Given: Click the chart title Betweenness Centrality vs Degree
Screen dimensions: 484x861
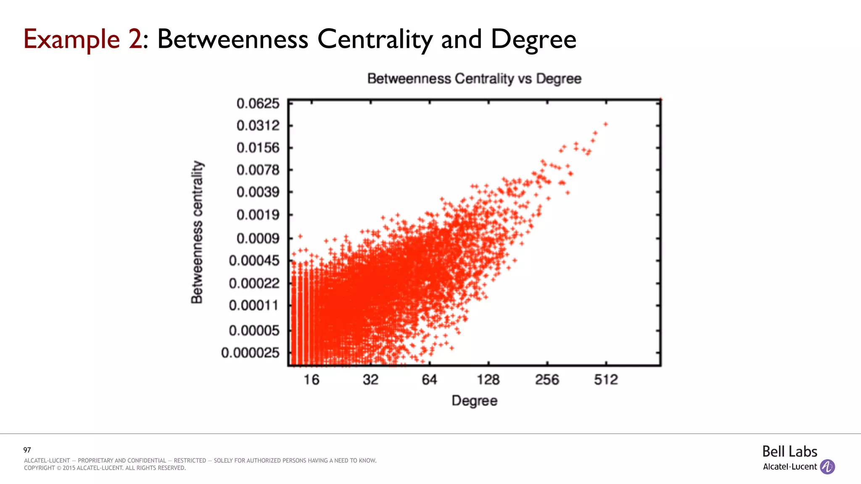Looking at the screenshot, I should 474,79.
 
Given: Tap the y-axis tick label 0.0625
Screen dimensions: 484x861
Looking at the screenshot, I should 258,103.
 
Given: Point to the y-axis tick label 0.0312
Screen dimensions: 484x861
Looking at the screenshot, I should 258,125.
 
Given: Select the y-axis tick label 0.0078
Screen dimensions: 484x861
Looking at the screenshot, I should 258,170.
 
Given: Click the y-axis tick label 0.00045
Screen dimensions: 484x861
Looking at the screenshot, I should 254,260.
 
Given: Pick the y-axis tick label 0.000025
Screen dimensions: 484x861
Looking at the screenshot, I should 250,352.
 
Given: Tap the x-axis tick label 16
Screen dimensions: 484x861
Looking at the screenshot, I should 312,380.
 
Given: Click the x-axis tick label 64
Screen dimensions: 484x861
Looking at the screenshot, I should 429,380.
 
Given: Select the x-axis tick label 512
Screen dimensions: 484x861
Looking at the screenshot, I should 606,380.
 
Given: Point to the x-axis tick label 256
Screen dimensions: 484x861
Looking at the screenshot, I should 547,380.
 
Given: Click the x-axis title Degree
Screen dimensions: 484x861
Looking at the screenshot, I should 474,400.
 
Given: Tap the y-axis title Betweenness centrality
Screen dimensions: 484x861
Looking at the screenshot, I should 197,232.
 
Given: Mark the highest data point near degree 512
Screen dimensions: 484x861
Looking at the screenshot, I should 605,124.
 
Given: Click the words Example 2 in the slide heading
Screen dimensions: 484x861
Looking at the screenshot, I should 83,39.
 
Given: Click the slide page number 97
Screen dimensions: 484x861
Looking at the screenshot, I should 27,450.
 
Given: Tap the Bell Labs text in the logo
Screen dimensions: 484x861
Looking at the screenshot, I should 790,452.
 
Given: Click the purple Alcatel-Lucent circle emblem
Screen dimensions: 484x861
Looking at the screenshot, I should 827,467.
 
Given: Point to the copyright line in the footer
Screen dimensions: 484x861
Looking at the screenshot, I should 105,468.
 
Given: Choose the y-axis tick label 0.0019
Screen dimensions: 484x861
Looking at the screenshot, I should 258,215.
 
